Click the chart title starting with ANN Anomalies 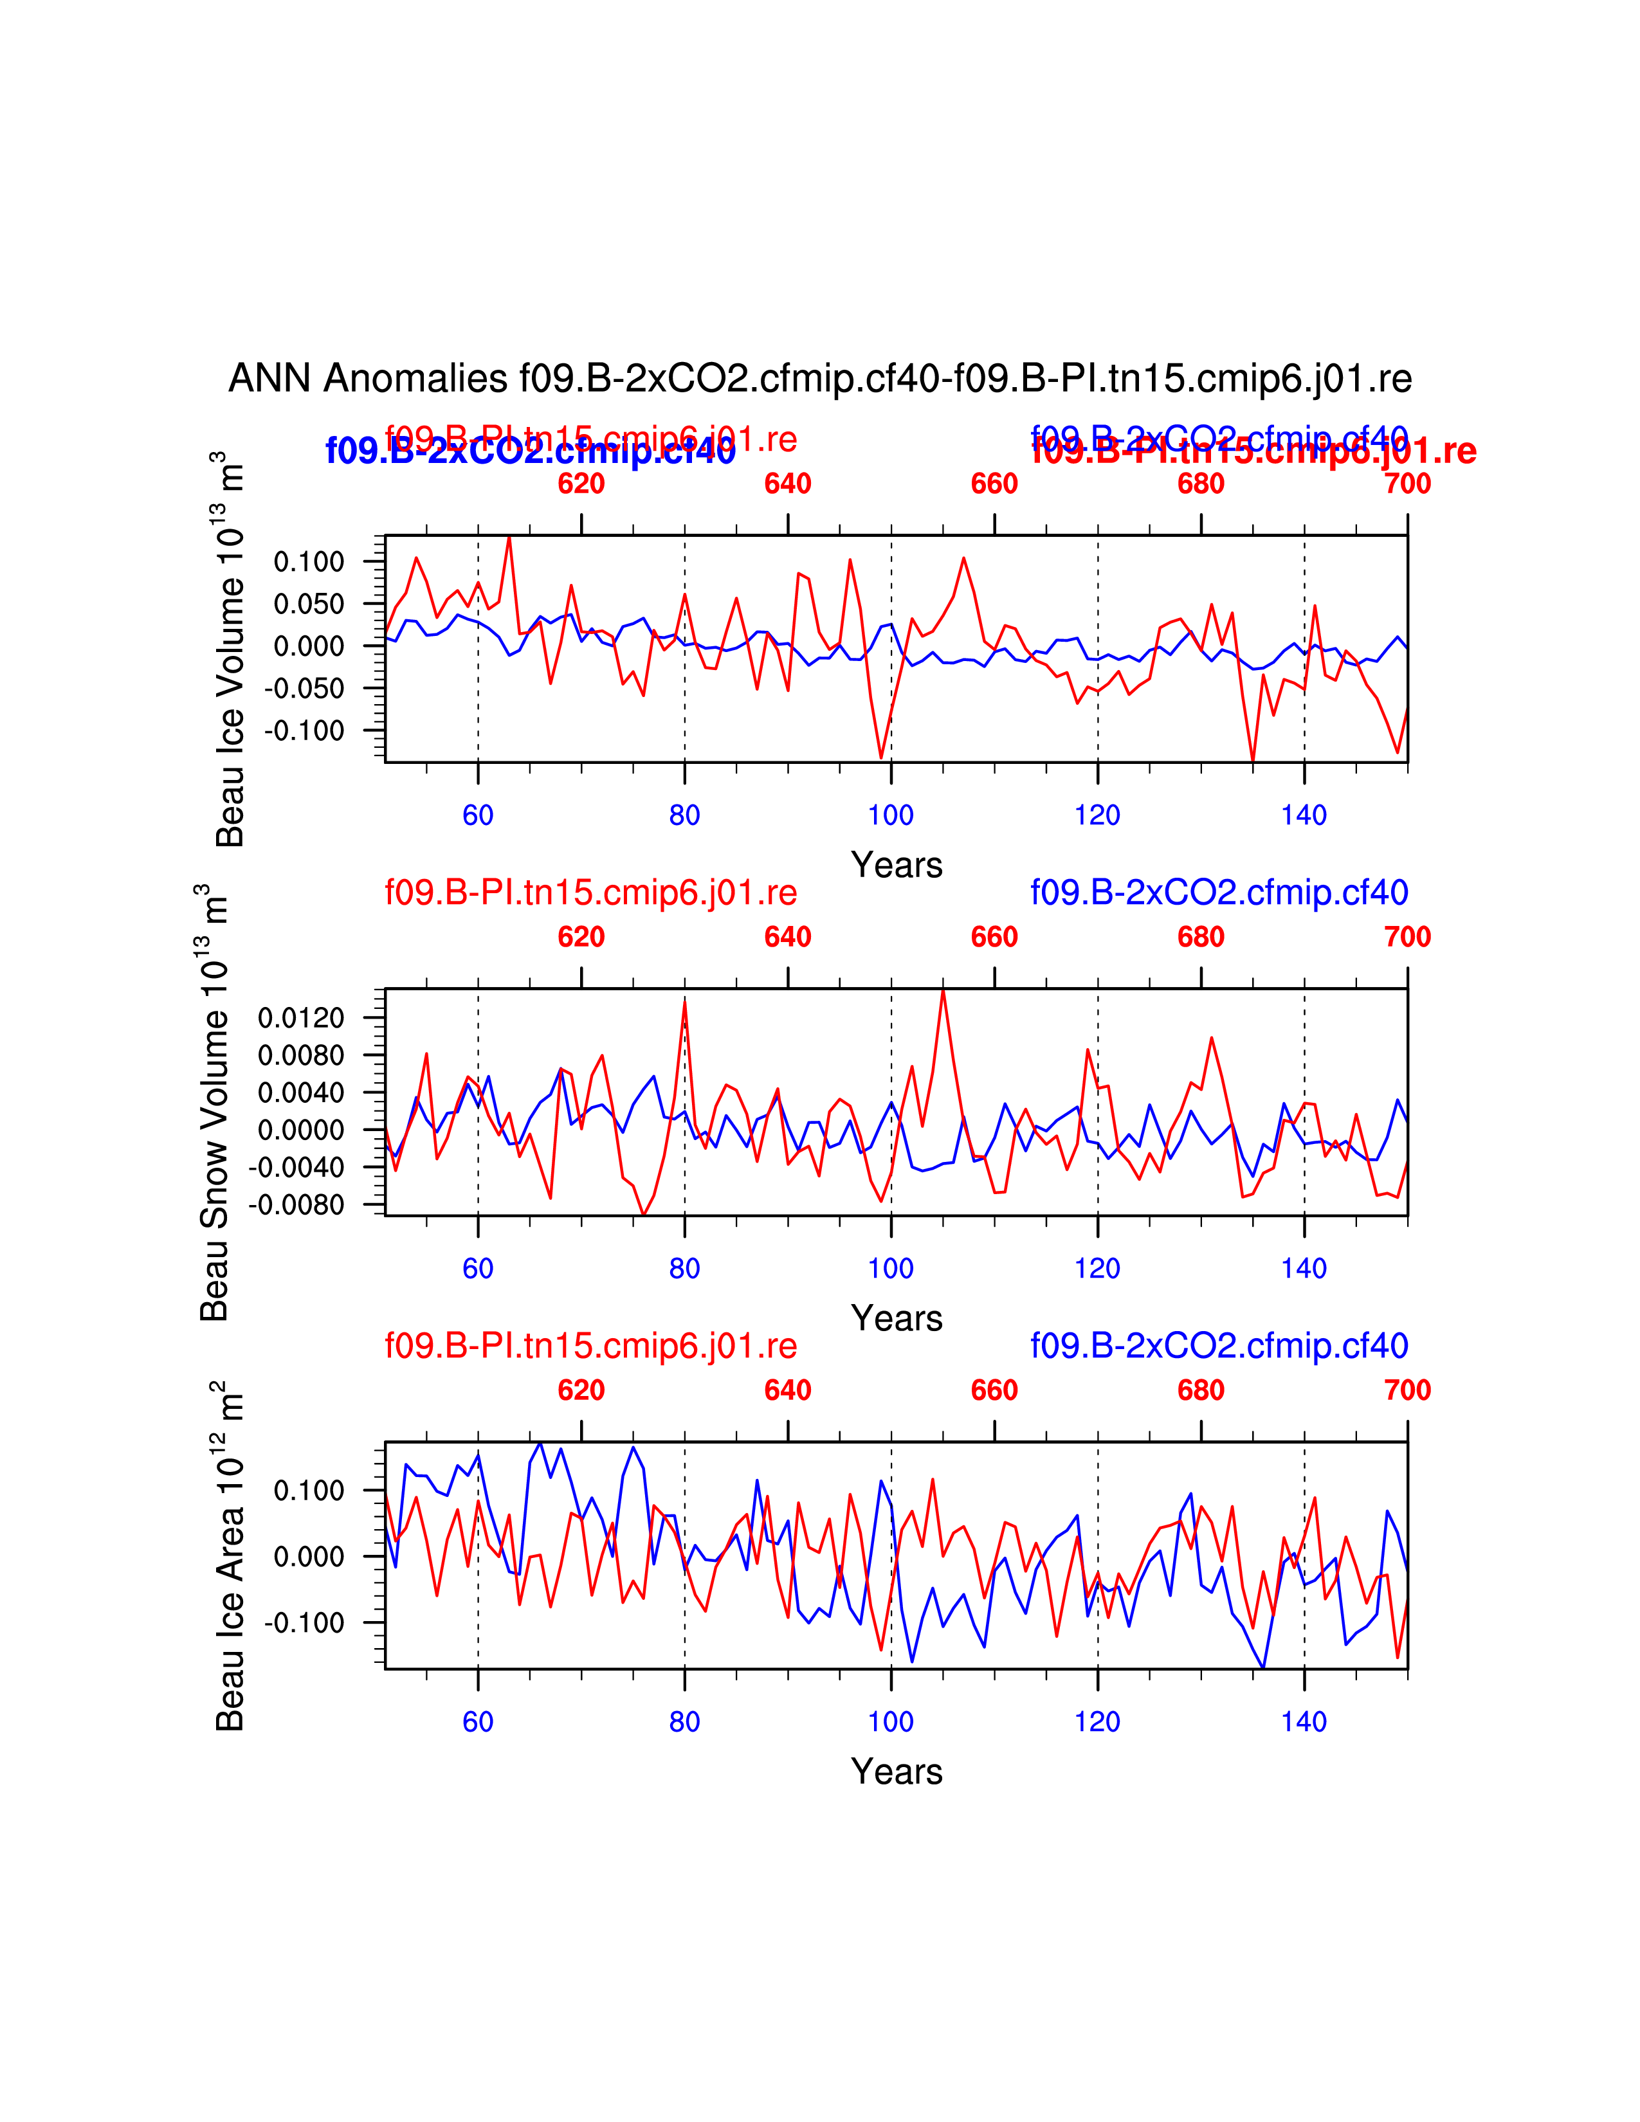point(819,378)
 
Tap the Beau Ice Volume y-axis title point(230,649)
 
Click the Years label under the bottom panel point(896,1772)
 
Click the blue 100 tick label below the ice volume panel point(890,815)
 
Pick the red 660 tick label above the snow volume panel point(994,937)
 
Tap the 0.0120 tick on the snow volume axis point(301,1019)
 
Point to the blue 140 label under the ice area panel point(1304,1721)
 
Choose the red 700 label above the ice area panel point(1407,1390)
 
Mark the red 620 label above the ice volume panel point(581,484)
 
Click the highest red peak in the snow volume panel point(942,991)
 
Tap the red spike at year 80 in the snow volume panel point(685,1002)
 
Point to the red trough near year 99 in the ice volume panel point(881,757)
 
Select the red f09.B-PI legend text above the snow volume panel point(590,892)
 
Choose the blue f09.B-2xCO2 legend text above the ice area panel point(1218,1346)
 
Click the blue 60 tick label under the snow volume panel point(478,1269)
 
